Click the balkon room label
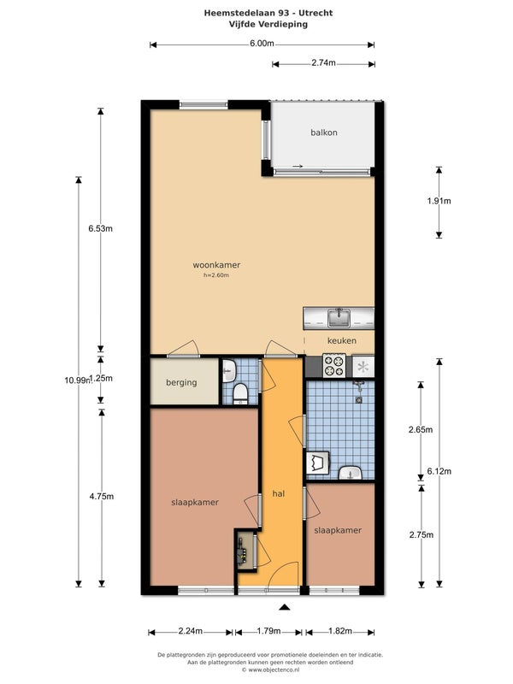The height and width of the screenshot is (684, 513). (x=324, y=133)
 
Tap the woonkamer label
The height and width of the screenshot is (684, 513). (x=216, y=265)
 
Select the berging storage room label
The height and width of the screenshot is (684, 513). (x=181, y=382)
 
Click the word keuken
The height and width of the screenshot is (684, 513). (x=341, y=340)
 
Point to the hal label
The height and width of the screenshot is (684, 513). (x=279, y=493)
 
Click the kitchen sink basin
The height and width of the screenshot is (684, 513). (x=339, y=317)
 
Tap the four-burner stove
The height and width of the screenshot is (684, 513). (x=334, y=365)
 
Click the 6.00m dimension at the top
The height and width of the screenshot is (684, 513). (x=262, y=44)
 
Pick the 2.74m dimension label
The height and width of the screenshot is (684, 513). (x=323, y=62)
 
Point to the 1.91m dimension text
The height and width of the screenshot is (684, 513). (x=439, y=201)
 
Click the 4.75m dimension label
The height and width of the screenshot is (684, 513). (x=102, y=497)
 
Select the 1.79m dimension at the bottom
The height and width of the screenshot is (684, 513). (x=268, y=631)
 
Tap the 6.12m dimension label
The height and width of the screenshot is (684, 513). (x=439, y=471)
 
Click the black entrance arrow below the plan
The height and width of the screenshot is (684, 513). (x=285, y=607)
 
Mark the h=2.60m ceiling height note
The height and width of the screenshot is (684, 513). (x=216, y=275)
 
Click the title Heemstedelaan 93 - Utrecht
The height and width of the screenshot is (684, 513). (x=268, y=13)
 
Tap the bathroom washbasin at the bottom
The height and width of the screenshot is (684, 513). (x=350, y=473)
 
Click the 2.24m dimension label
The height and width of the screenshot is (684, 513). (x=191, y=631)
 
